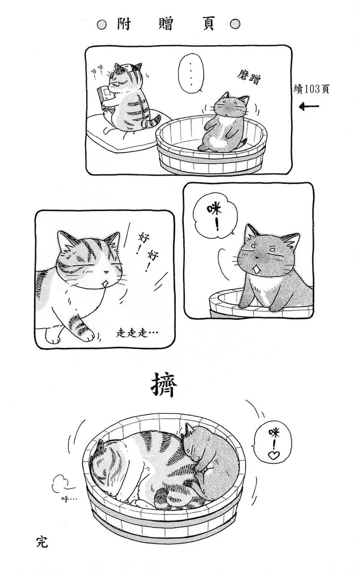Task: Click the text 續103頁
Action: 311,89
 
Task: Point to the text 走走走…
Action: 137,333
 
